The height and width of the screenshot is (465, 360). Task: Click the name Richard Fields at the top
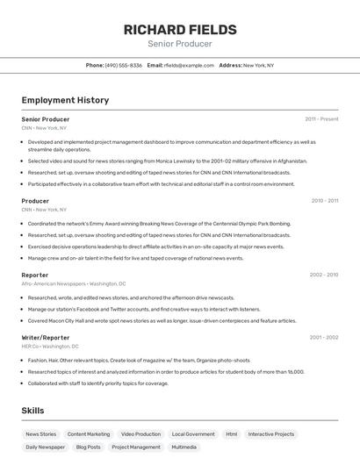coord(179,29)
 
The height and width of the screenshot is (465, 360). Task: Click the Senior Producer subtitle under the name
coord(179,44)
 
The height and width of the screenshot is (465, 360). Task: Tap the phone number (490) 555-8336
coord(123,65)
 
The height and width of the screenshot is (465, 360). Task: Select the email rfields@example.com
coord(188,65)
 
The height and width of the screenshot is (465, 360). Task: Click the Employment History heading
coord(65,100)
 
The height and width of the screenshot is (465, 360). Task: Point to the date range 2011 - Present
coord(321,119)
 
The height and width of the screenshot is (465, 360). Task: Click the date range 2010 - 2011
coord(324,201)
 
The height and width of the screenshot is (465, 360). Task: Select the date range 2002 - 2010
coord(323,275)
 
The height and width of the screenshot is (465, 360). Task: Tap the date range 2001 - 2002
coord(323,337)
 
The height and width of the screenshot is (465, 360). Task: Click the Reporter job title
coord(35,275)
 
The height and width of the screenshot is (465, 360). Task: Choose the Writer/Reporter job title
coord(46,337)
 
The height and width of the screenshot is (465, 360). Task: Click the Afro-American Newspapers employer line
coord(74,283)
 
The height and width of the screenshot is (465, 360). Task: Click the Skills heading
coord(32,411)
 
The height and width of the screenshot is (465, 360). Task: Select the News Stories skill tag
coord(40,433)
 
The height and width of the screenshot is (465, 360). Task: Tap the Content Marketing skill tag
coord(89,433)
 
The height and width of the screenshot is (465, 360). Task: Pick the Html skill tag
coord(231,433)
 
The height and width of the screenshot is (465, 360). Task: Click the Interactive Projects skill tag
coord(271,433)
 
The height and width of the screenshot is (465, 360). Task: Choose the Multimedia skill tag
coord(184,447)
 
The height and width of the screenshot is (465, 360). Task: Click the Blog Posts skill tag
coord(88,447)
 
